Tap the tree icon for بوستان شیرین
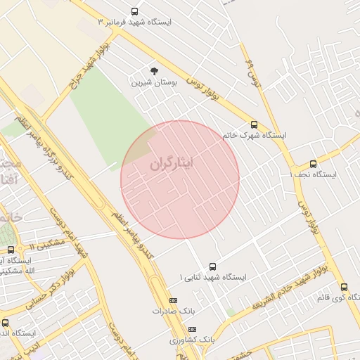coord(155,70)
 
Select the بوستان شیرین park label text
coord(155,82)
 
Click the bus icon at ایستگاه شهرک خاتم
coord(254,124)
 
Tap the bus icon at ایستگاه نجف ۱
coord(313,164)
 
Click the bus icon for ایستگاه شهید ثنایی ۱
coord(212,266)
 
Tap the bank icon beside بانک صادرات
coord(173,300)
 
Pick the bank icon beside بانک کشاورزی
coord(192,329)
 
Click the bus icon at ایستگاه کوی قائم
coord(344,287)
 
